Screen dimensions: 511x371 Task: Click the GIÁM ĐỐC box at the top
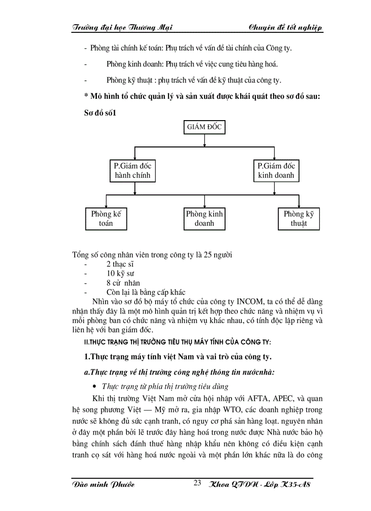pos(204,127)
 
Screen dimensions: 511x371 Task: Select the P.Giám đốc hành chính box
pos(132,171)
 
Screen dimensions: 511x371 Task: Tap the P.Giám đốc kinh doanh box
pos(276,171)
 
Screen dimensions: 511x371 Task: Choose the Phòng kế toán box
pos(106,218)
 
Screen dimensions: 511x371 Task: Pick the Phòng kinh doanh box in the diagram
pos(205,218)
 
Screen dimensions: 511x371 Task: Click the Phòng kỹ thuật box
pos(299,218)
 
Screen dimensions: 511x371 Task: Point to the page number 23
pos(197,483)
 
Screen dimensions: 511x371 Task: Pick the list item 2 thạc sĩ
pos(120,264)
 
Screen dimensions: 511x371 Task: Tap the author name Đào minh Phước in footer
pos(104,484)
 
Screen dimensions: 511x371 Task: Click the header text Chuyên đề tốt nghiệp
pos(286,28)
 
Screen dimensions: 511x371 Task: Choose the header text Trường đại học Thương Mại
pos(122,28)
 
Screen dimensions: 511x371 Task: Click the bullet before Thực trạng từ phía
pos(95,387)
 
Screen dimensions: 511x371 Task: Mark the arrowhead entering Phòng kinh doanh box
pos(205,205)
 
